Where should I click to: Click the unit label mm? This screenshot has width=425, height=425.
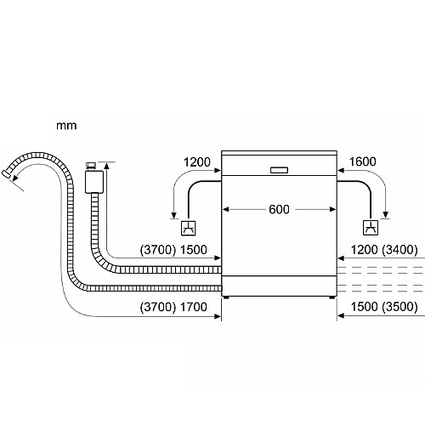click(66, 126)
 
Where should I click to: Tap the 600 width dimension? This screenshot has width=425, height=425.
click(279, 209)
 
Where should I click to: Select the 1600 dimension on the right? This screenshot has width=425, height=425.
click(363, 161)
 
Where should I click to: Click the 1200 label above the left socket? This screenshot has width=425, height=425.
click(197, 162)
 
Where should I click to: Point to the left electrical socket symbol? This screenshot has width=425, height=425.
click(189, 228)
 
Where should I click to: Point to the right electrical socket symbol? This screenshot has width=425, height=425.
click(371, 228)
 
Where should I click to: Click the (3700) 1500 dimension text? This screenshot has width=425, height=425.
click(173, 250)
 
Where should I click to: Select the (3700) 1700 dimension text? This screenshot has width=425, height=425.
click(173, 307)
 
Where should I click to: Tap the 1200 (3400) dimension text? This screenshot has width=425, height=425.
click(384, 250)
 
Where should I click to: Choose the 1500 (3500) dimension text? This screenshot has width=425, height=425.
click(384, 307)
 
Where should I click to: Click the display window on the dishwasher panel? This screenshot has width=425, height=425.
click(279, 170)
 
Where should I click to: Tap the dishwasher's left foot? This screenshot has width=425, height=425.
click(226, 297)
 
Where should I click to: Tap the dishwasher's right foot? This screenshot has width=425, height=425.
click(332, 297)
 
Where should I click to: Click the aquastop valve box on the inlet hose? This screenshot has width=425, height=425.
click(94, 182)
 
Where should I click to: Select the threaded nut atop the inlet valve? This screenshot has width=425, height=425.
click(91, 166)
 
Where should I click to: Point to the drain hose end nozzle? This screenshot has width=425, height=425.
click(6, 174)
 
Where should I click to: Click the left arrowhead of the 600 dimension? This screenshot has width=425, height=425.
click(225, 209)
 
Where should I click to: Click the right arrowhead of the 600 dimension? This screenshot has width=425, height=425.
click(332, 209)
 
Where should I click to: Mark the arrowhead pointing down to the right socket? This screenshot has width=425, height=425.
click(385, 215)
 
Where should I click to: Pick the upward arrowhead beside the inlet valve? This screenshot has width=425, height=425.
click(106, 165)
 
